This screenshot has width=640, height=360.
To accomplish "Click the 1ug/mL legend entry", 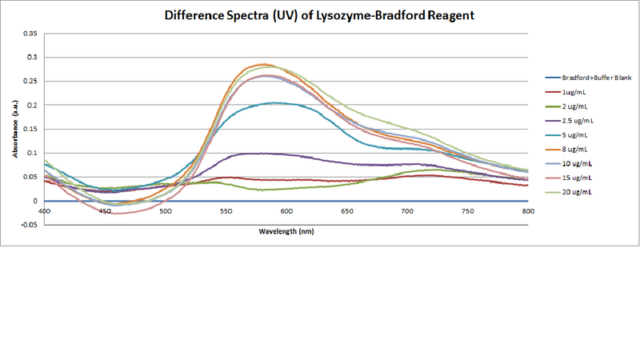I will [574, 92].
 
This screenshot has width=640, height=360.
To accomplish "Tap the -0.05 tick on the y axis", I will [30, 225].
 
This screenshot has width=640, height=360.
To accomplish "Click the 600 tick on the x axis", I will [286, 211].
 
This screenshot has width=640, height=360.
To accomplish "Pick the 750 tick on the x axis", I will [467, 211].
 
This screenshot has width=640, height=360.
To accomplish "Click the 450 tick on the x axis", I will [105, 211].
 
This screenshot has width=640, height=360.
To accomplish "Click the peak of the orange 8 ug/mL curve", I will [262, 65].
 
